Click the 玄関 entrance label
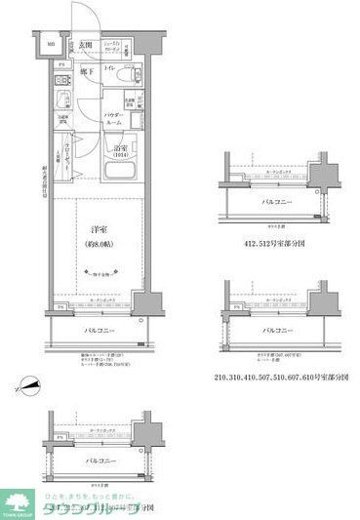tap(86, 47)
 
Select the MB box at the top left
tap(51, 45)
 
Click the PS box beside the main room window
tap(61, 309)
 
